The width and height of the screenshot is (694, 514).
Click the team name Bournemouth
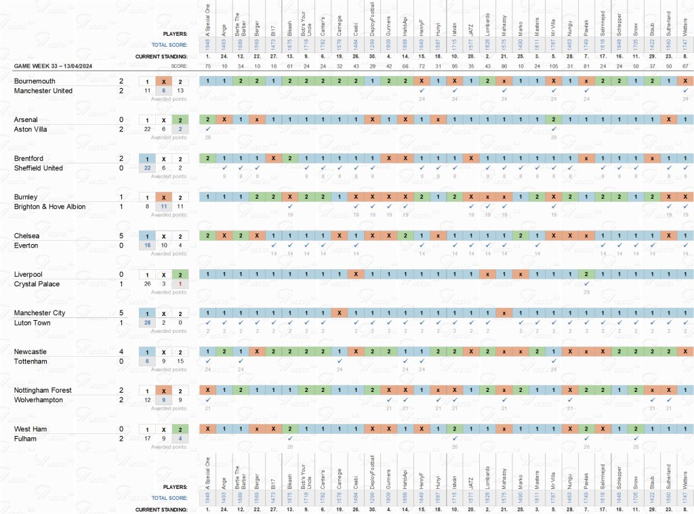click(x=33, y=81)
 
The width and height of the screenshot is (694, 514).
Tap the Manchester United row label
click(x=43, y=91)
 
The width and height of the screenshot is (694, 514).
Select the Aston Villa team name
click(x=32, y=129)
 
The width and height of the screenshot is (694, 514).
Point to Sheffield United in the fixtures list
click(x=39, y=168)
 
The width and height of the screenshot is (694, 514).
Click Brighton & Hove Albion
click(x=49, y=207)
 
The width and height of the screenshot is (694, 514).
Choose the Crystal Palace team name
click(x=35, y=283)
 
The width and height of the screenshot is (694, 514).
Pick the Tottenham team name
click(x=30, y=361)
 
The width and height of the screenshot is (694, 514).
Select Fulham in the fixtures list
click(x=24, y=439)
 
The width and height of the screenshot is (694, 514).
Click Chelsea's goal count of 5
click(x=121, y=235)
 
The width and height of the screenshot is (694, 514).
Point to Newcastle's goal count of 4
click(x=121, y=352)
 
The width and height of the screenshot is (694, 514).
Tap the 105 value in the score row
click(x=554, y=66)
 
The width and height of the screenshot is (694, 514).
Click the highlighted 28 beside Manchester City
click(x=147, y=323)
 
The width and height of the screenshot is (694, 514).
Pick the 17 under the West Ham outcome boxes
click(x=147, y=439)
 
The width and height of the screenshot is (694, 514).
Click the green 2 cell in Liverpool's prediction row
click(x=586, y=274)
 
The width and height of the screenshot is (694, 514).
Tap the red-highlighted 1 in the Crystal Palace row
click(x=180, y=283)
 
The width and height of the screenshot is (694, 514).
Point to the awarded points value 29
click(x=586, y=292)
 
